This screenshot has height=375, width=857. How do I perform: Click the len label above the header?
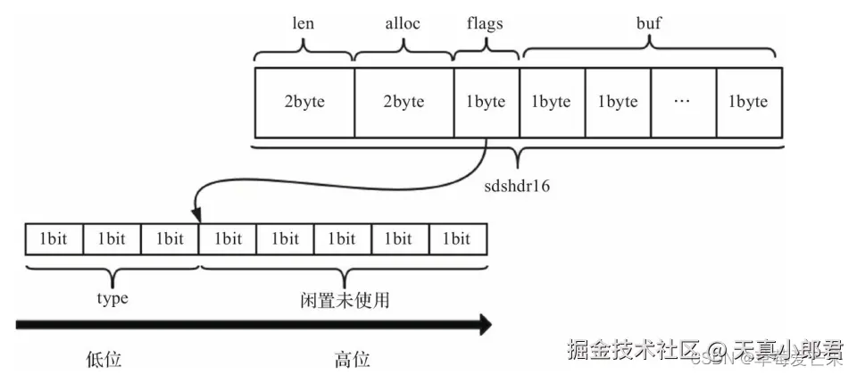[x=304, y=24]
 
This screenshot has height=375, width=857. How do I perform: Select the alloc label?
[x=404, y=24]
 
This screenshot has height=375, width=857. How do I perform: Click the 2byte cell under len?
[x=304, y=101]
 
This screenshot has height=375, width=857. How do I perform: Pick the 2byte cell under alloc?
[x=404, y=101]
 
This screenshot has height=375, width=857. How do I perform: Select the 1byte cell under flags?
[x=487, y=101]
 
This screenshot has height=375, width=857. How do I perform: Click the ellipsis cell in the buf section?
[x=683, y=101]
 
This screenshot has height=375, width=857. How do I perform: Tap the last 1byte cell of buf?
[x=748, y=101]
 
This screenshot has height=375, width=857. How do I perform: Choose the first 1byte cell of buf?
[x=552, y=101]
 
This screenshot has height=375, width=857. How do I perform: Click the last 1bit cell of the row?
[x=458, y=238]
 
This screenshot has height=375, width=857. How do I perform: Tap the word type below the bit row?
[x=112, y=298]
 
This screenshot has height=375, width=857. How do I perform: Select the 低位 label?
[x=104, y=359]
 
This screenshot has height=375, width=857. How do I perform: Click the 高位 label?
[x=353, y=359]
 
